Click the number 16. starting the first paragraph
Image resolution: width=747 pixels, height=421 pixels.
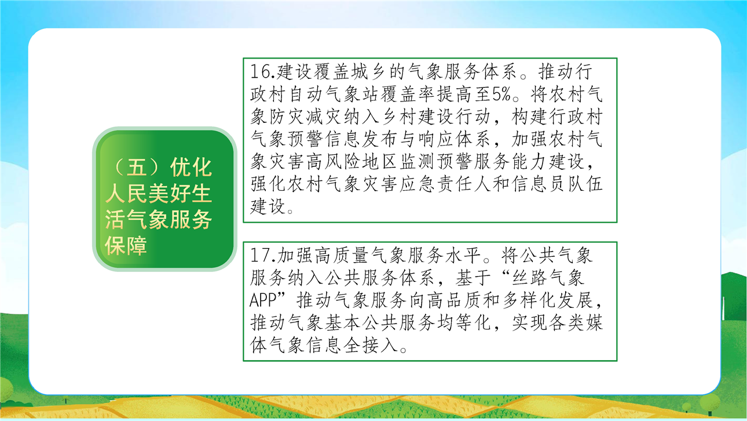[x=263, y=72]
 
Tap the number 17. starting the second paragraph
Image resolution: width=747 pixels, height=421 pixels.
[x=263, y=255]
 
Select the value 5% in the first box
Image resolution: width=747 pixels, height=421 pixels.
[x=501, y=95]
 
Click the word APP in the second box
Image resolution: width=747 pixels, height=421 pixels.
[x=263, y=300]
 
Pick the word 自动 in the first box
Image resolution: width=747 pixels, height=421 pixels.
[x=306, y=95]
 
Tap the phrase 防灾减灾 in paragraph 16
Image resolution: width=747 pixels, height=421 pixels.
[x=305, y=117]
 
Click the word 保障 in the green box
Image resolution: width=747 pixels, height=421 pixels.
[x=126, y=246]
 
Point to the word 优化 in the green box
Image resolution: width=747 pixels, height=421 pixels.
[x=191, y=167]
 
